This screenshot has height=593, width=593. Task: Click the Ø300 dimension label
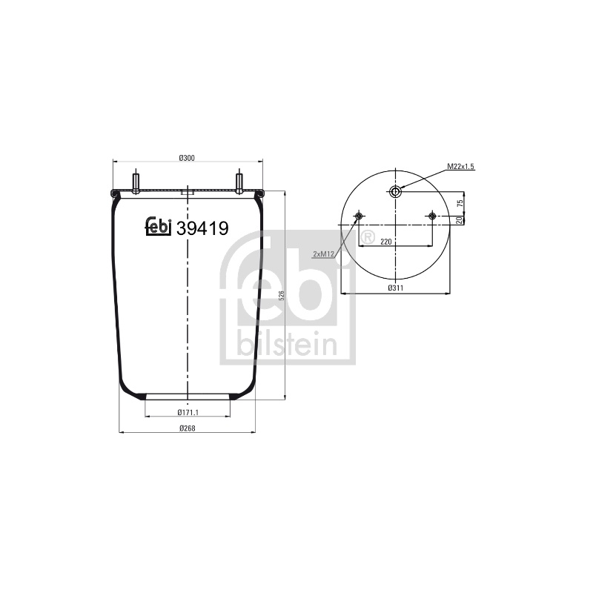[187, 158]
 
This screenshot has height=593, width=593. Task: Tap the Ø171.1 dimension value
[188, 412]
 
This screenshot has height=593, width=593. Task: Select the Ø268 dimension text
[188, 428]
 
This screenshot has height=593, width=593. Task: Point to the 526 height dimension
[281, 295]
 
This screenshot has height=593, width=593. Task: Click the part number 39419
[202, 228]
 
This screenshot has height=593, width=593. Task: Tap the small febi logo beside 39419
[159, 227]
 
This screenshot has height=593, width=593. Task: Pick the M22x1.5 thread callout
[460, 166]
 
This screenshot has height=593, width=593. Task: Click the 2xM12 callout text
[323, 254]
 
